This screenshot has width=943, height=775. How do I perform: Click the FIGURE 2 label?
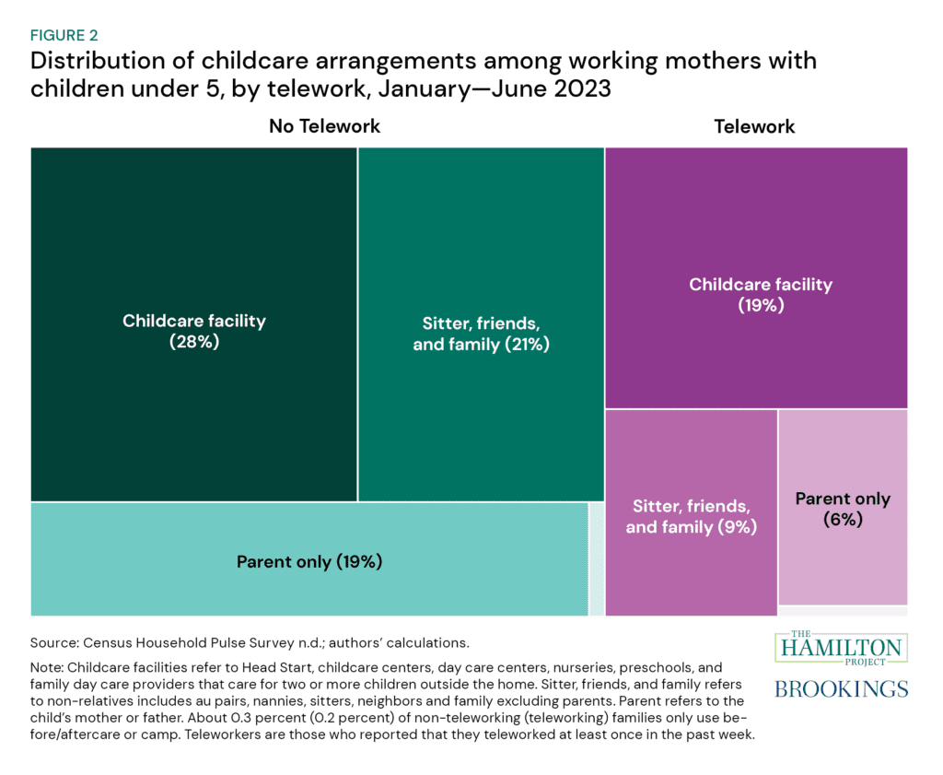coord(65,35)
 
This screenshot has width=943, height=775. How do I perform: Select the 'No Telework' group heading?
coord(324,125)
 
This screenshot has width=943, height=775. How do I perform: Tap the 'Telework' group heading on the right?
coord(754,125)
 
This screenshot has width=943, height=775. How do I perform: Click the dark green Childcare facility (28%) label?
coord(194,331)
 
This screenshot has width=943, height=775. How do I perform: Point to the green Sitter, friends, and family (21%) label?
coord(480,335)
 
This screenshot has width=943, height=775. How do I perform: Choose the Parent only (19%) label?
coord(309,561)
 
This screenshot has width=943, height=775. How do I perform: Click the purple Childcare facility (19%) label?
coord(761,294)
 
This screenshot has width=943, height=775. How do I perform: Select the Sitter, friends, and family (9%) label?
coord(691,517)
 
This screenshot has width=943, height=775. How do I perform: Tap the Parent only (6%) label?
coord(842,508)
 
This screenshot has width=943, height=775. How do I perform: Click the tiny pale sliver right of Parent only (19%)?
coord(597,558)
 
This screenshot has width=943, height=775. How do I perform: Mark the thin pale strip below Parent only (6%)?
coord(843,610)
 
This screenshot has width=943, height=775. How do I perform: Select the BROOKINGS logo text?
coord(841,689)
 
